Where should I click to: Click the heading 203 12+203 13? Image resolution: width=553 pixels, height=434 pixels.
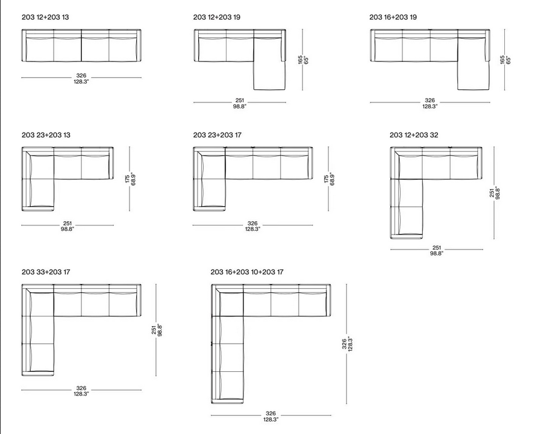point(45,17)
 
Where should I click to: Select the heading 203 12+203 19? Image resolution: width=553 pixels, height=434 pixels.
point(217,17)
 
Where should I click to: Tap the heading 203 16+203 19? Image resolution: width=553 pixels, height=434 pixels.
point(393,17)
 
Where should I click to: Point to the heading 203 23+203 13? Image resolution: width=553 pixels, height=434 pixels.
point(46,135)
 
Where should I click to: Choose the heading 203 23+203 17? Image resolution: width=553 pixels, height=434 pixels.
point(217,135)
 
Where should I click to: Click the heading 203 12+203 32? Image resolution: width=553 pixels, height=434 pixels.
point(414,135)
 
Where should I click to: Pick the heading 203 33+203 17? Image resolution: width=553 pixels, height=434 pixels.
point(46,272)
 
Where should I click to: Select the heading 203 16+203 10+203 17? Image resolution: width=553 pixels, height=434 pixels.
point(247,272)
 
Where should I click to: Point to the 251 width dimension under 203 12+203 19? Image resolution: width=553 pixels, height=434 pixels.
point(240,103)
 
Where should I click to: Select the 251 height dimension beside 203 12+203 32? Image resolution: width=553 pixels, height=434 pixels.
point(495,192)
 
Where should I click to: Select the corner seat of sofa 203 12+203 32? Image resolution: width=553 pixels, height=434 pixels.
point(408,166)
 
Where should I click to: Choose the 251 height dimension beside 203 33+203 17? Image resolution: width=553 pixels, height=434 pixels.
point(157,330)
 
